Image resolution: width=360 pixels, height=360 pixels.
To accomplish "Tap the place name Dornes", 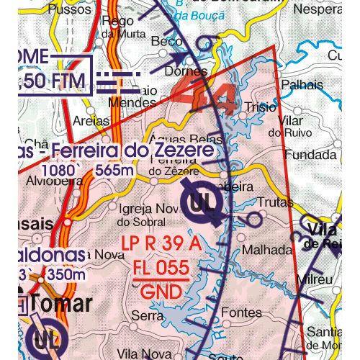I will [186, 71].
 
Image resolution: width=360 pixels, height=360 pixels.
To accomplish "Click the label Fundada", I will [310, 155].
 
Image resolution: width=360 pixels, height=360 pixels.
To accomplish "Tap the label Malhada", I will [268, 249].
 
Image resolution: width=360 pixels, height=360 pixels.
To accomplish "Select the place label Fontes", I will [241, 312].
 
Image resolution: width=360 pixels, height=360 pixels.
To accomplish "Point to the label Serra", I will [147, 315].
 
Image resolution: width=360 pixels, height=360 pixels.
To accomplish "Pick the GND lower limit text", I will [161, 292].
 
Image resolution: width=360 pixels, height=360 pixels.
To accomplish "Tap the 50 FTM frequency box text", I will [54, 79].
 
